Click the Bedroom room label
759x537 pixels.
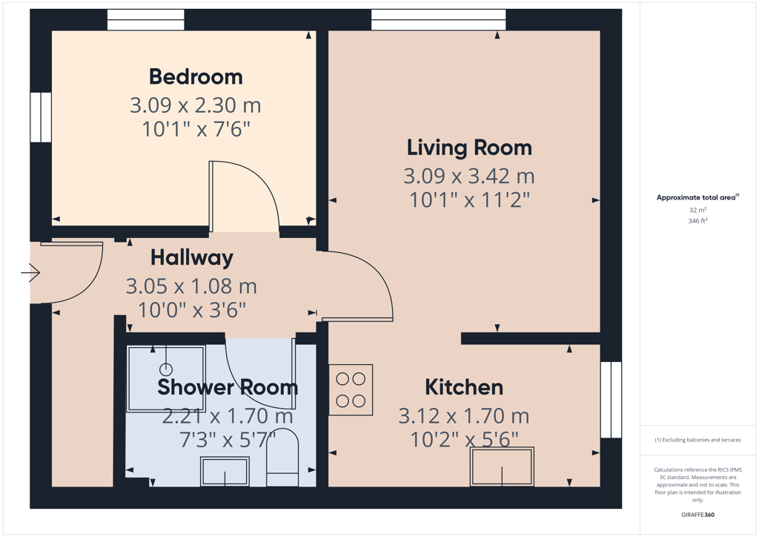pos(196,76)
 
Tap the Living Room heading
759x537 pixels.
pos(469,148)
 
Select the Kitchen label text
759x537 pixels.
pos(464,387)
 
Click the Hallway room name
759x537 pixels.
pos(192,258)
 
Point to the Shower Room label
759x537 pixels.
pos(228,387)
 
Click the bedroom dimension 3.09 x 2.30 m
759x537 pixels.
pos(195,105)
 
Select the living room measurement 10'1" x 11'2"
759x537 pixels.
pos(469,200)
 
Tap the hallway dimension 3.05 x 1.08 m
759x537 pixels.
pos(191,286)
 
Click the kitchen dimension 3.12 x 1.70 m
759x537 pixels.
pos(464,416)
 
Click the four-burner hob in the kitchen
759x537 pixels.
pos(351,390)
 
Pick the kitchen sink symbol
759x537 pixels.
pos(502,467)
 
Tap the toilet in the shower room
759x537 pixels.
pos(282,457)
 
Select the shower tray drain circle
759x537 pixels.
pos(166,369)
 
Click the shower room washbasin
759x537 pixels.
pos(225,471)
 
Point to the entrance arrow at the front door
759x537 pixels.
pos(30,273)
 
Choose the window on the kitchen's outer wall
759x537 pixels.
pos(611,400)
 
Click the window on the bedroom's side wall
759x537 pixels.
pos(41,117)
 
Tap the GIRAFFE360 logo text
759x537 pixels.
pos(697,515)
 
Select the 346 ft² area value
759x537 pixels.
pos(697,221)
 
